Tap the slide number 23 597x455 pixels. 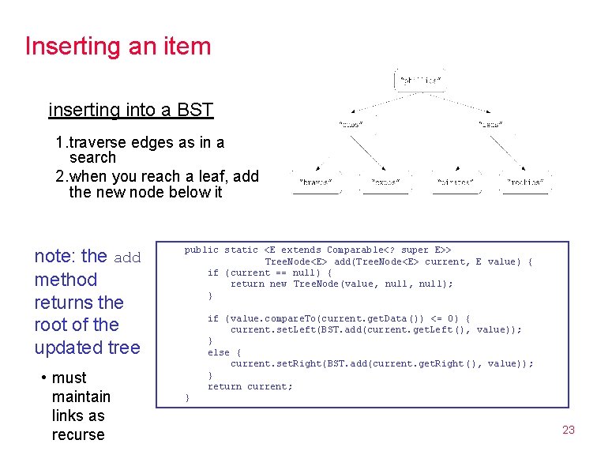[568, 431]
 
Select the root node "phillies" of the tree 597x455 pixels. [419, 80]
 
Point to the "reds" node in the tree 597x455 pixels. [490, 124]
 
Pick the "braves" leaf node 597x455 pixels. [315, 182]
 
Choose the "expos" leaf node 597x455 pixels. [385, 182]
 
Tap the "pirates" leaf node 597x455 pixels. [456, 182]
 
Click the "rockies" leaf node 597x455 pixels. [526, 182]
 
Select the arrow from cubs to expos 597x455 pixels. [368, 152]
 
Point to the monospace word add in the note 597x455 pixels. [127, 258]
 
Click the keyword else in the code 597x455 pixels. [219, 352]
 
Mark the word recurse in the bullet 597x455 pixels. [78, 434]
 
